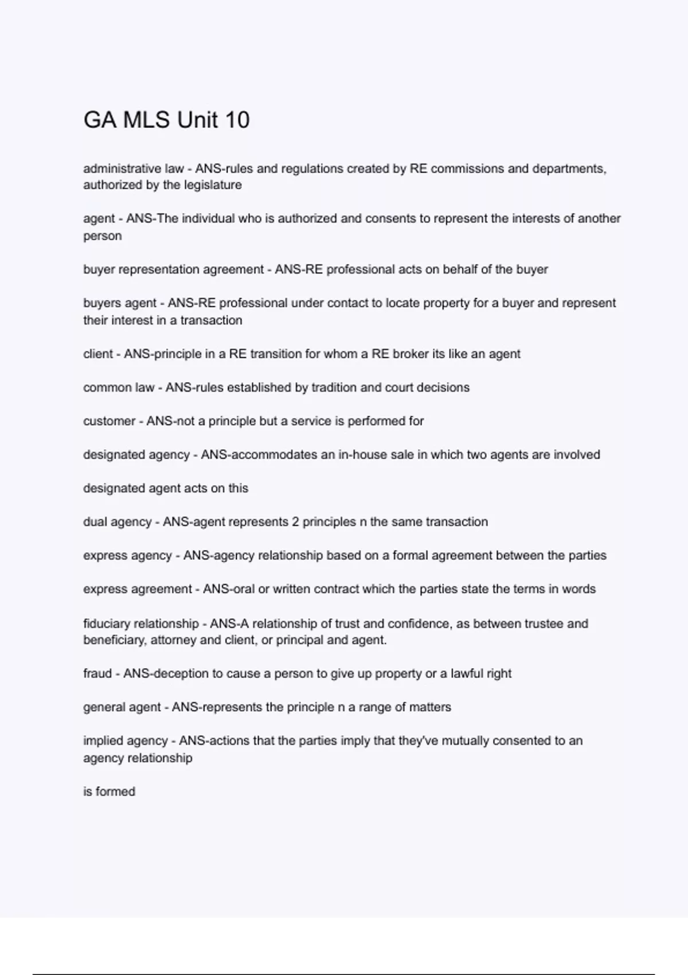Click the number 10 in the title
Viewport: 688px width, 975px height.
[x=237, y=120]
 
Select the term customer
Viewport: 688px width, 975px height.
[x=109, y=421]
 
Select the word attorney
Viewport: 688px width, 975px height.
[x=173, y=640]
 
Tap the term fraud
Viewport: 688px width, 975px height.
[x=97, y=673]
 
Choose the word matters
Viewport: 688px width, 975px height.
[x=430, y=707]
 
